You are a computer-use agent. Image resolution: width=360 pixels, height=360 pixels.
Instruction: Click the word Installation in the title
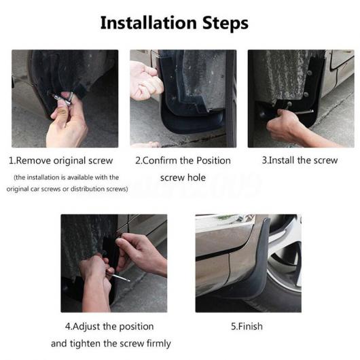[x=149, y=23]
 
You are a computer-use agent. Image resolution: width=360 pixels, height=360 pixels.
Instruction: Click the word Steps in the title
[x=226, y=24]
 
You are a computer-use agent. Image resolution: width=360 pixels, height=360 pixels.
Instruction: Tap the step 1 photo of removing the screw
[x=65, y=98]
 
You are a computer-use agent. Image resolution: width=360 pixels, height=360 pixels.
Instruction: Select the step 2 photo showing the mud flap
[x=183, y=98]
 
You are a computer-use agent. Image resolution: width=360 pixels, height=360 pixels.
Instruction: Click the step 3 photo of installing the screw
[x=301, y=98]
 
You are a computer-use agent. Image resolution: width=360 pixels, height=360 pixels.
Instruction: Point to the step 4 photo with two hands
[x=114, y=264]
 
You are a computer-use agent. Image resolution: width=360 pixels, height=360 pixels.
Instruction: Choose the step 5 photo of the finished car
[x=249, y=264]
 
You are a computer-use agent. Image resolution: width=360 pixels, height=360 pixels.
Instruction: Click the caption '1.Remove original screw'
[x=61, y=160]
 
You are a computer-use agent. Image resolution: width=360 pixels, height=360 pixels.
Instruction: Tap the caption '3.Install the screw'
[x=300, y=160]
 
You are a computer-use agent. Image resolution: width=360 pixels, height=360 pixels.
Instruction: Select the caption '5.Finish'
[x=247, y=326]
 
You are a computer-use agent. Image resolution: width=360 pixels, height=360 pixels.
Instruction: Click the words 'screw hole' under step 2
[x=183, y=177]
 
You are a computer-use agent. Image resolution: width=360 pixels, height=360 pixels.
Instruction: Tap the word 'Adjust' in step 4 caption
[x=86, y=327]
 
